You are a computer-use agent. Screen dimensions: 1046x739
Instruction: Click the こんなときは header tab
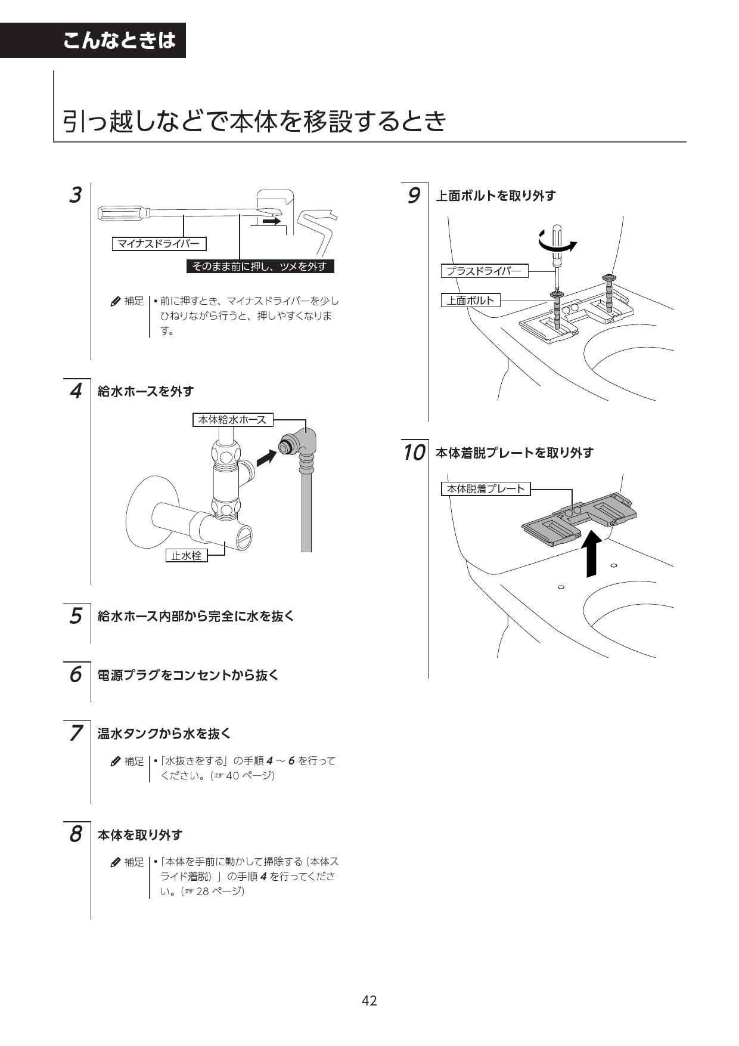[x=119, y=40]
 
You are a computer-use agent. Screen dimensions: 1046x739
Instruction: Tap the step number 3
[x=75, y=195]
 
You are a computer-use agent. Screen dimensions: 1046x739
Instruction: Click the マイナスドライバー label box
[x=159, y=243]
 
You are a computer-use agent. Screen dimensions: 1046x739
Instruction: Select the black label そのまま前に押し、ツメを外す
[x=260, y=267]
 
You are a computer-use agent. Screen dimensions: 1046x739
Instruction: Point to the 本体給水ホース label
[x=232, y=420]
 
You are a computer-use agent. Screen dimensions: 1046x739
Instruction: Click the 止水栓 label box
[x=186, y=555]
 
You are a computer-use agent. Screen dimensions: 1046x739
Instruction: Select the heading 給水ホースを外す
[x=146, y=392]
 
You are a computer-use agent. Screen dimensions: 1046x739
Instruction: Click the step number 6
[x=75, y=674]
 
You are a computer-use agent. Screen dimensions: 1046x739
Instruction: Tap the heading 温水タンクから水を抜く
[x=164, y=734]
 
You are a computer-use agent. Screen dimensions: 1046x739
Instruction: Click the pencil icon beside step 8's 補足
[x=116, y=862]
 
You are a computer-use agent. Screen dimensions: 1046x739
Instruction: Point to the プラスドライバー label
[x=484, y=271]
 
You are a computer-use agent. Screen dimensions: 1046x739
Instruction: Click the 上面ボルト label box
[x=470, y=300]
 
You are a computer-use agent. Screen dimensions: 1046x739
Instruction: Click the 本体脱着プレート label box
[x=486, y=489]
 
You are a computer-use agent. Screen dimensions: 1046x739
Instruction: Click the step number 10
[x=414, y=453]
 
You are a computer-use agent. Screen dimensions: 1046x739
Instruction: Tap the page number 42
[x=369, y=1001]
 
